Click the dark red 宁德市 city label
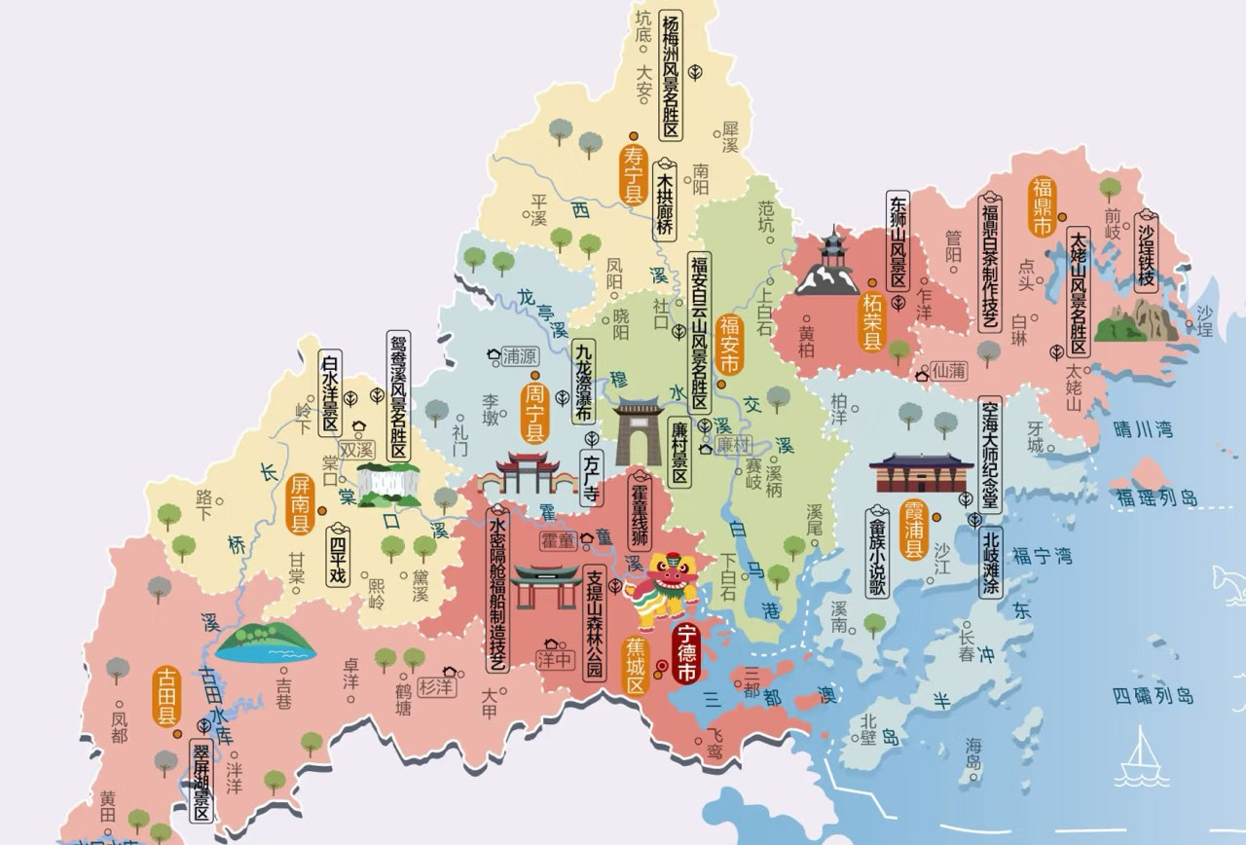(687, 653)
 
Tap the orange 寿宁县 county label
(634, 174)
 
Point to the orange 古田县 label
(166, 695)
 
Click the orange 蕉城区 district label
(637, 666)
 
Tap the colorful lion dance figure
(664, 588)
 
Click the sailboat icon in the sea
(1142, 757)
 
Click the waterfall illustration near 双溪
(388, 484)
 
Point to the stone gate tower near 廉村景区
(638, 432)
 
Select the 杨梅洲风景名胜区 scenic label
(670, 76)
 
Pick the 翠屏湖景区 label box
(202, 779)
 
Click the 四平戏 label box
(338, 558)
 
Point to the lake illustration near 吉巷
(265, 643)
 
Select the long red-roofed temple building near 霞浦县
(921, 473)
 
